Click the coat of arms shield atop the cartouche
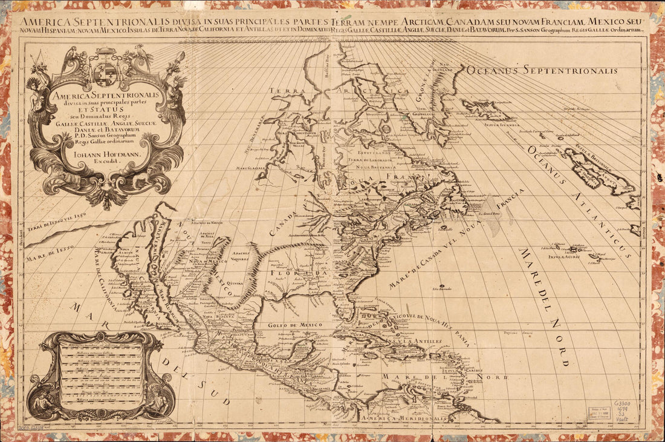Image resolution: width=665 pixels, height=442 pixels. [x=105, y=74]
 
